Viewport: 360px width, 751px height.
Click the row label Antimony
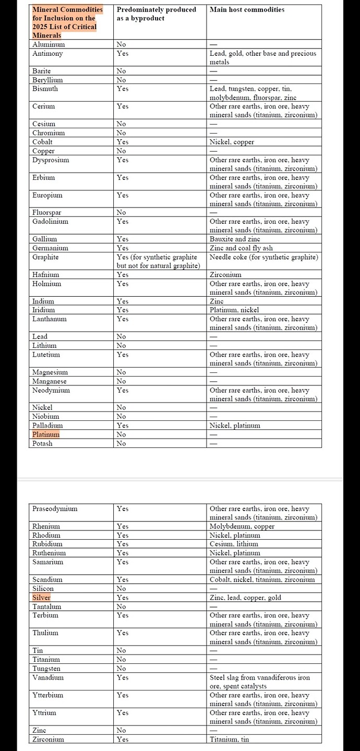[x=47, y=53]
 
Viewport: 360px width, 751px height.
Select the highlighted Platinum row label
[x=46, y=434]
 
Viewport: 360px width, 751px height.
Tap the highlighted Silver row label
[x=41, y=598]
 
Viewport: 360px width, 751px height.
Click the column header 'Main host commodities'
[x=247, y=9]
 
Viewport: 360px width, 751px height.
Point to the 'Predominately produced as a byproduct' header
[x=156, y=14]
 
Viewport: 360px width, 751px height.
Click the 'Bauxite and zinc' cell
[x=235, y=239]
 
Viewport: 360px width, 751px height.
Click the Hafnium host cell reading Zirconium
[x=225, y=274]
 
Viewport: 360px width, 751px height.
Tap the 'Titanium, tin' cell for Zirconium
[x=229, y=739]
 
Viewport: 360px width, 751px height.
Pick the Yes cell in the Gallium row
[x=123, y=239]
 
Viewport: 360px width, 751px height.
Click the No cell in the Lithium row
[x=121, y=345]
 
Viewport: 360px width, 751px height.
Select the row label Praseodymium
[x=55, y=508]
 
